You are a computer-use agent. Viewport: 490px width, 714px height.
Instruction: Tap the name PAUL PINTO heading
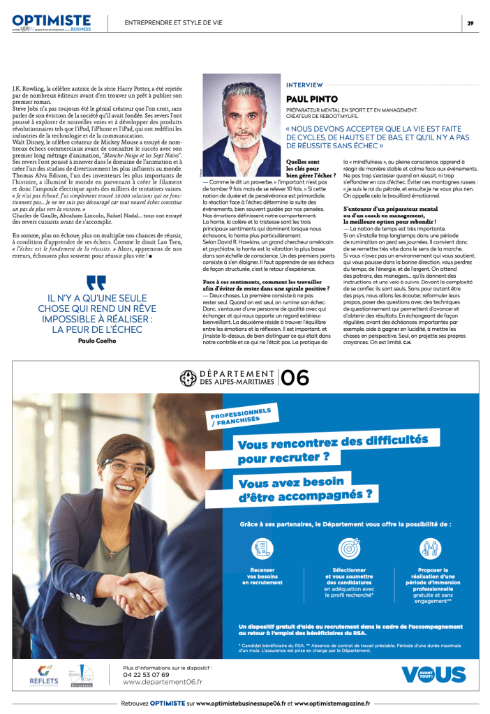tap(312, 99)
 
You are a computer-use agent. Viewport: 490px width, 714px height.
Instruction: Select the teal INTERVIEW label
tap(304, 84)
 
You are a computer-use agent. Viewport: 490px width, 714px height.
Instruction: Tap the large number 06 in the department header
tap(295, 378)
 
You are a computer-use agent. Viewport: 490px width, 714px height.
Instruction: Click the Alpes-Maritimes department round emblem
tap(187, 378)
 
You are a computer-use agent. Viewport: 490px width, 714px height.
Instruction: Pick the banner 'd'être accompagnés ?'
tap(305, 496)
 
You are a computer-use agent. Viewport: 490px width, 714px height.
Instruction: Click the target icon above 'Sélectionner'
tap(349, 548)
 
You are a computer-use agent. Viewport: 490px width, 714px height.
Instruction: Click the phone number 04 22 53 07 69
tap(146, 674)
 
